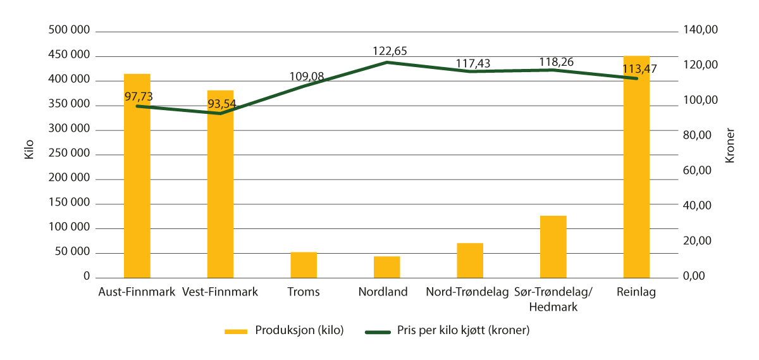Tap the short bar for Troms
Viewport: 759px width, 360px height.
point(304,265)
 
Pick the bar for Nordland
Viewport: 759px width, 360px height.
point(386,267)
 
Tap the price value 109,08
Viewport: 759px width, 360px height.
point(307,76)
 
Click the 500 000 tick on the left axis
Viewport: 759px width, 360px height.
point(69,31)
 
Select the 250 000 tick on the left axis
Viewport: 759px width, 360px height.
point(69,154)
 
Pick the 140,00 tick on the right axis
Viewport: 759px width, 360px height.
point(702,31)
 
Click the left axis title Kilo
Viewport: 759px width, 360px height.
point(28,154)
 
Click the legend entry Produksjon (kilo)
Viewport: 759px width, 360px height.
point(299,331)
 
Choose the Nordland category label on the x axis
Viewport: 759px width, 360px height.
point(383,292)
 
